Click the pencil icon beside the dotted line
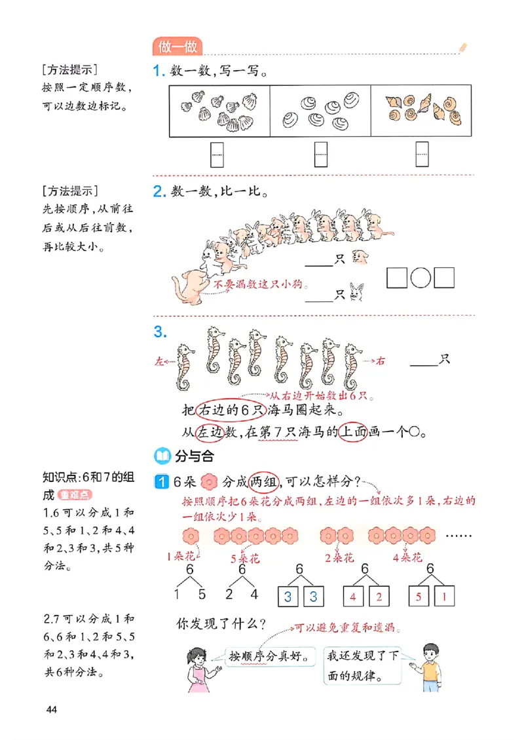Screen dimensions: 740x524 pyautogui.click(x=463, y=47)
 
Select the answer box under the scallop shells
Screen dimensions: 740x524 pyautogui.click(x=217, y=155)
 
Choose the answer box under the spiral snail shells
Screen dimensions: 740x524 pyautogui.click(x=422, y=155)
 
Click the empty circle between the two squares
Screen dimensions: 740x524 pyautogui.click(x=421, y=278)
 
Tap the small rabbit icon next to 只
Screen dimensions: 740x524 pyautogui.click(x=357, y=293)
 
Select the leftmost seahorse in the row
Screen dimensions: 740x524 pyautogui.click(x=185, y=366)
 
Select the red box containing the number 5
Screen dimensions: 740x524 pyautogui.click(x=416, y=597)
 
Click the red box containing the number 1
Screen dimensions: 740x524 pyautogui.click(x=445, y=597)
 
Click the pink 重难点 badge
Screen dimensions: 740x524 pyautogui.click(x=73, y=495)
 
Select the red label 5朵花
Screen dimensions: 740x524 pyautogui.click(x=246, y=559)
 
